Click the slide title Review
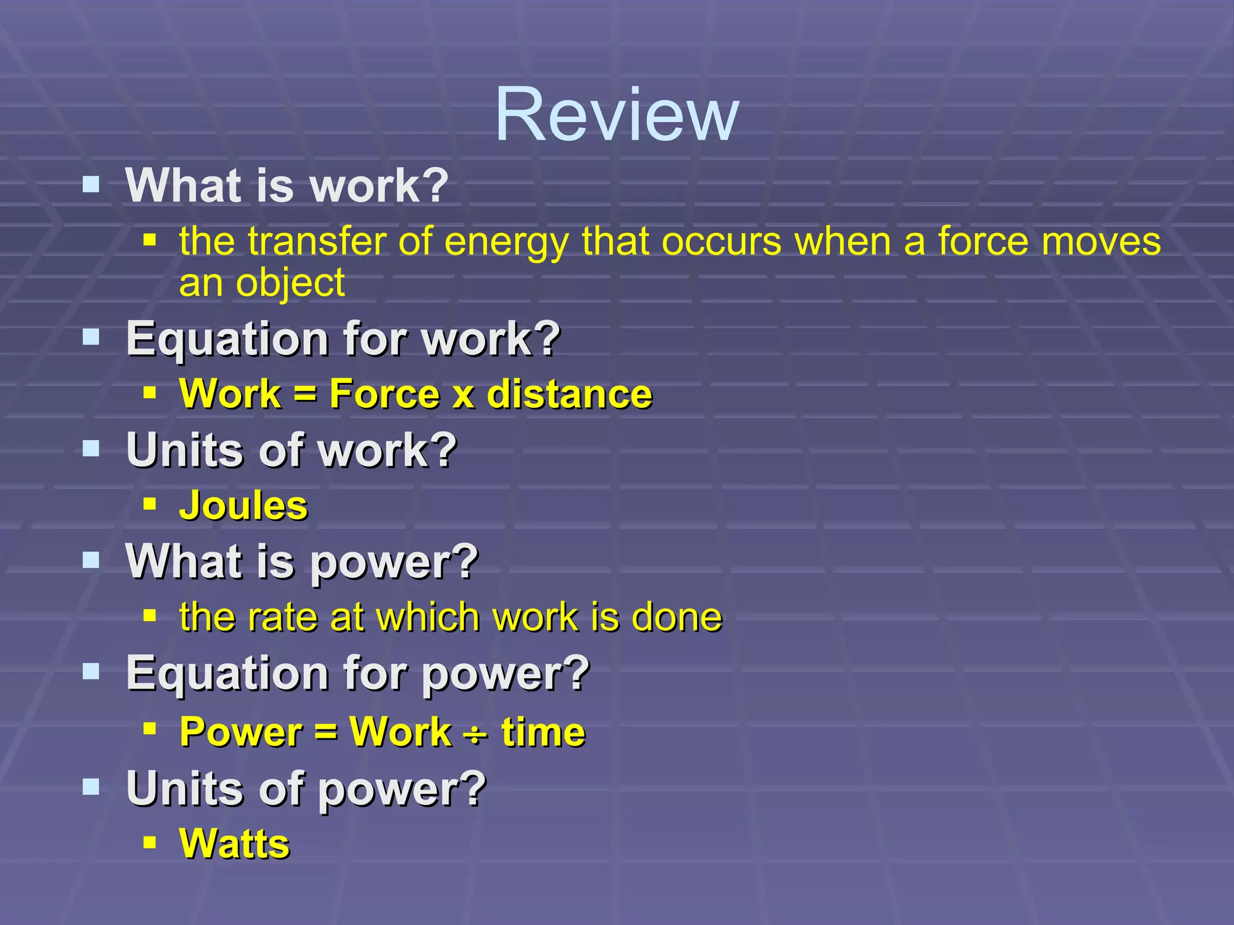tap(616, 114)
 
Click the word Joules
tap(243, 505)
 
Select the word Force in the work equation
tap(384, 394)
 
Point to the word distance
tap(569, 394)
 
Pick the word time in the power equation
tap(543, 732)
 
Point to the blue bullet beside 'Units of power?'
tap(91, 786)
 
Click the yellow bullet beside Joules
tap(150, 503)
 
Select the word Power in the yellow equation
tap(241, 732)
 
